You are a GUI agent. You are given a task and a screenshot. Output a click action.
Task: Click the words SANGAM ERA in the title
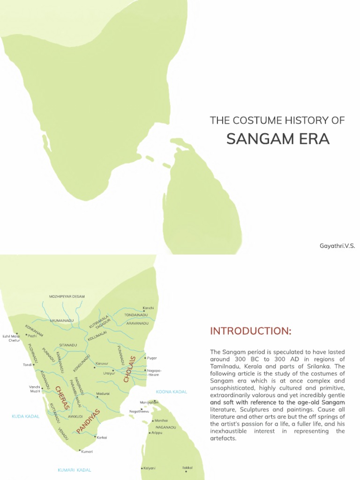(278, 139)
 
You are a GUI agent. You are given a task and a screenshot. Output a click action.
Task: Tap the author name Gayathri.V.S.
(337, 246)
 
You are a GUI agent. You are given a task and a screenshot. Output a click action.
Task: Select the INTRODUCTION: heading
(250, 331)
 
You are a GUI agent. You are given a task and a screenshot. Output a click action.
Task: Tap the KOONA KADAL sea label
(171, 391)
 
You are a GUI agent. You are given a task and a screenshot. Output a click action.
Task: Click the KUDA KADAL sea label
(26, 416)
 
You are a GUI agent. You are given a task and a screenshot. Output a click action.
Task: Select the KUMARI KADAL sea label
(75, 470)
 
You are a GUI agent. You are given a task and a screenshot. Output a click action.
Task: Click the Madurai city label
(103, 393)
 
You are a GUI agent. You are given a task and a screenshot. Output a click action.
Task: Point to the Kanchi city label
(148, 308)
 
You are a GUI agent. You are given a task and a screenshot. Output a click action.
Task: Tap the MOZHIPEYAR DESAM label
(67, 297)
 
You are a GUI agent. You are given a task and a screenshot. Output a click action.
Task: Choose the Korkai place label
(102, 437)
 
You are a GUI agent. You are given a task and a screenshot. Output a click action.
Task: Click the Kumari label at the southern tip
(87, 451)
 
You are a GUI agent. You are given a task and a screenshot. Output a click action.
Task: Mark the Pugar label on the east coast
(152, 358)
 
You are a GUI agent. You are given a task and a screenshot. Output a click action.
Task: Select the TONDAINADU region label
(136, 315)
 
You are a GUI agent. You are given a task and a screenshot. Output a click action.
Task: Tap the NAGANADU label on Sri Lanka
(165, 427)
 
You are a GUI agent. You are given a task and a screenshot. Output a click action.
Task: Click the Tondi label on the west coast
(27, 365)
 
